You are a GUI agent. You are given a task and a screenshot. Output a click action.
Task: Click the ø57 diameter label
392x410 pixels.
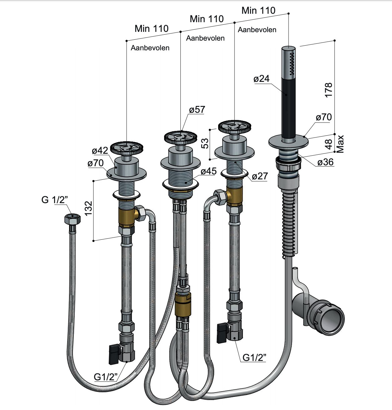point(197,110)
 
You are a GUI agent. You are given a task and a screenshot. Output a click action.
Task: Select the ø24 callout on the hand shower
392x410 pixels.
point(262,79)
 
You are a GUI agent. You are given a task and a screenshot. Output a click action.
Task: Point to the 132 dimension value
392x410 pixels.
point(88,208)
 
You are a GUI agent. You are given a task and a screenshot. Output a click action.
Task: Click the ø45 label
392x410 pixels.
point(209,171)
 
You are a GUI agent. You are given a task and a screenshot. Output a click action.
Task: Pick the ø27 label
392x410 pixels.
point(260,176)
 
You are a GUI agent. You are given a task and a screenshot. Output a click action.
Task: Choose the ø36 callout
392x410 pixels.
point(326,162)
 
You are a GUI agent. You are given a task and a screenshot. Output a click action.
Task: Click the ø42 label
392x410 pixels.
point(100,150)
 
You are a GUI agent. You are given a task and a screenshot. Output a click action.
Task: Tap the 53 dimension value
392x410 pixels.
point(205,143)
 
